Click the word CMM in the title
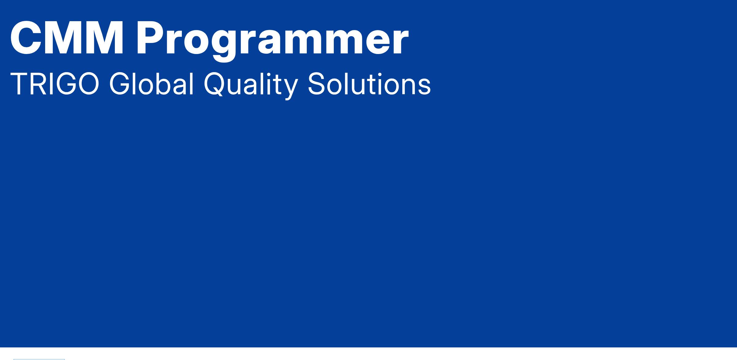(x=67, y=38)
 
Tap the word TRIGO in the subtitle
(x=55, y=84)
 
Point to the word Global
(x=151, y=84)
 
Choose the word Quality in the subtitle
(x=251, y=86)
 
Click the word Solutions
(x=369, y=84)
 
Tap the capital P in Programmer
(x=151, y=38)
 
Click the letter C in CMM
(x=25, y=38)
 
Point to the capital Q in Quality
(x=215, y=84)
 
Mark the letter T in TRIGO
(x=19, y=84)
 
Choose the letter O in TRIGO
(x=88, y=84)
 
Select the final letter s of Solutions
(x=424, y=87)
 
